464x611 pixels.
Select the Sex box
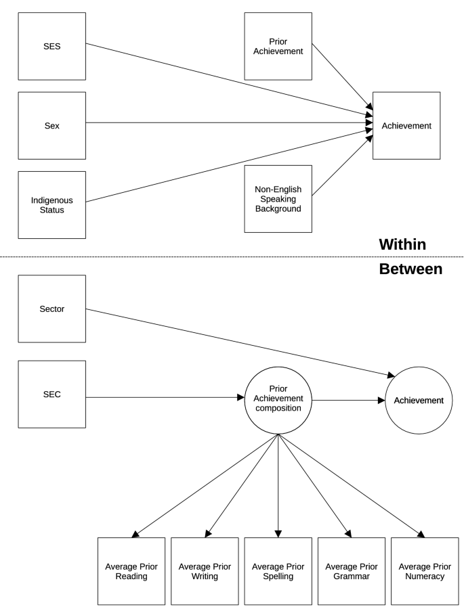point(52,125)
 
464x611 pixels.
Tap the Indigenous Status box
point(52,204)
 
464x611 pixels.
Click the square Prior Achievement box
point(278,46)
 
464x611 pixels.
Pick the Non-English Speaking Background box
point(278,199)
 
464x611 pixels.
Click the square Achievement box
point(406,126)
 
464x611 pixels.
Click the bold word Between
point(402,269)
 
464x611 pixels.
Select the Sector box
point(52,309)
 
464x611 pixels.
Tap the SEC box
point(52,394)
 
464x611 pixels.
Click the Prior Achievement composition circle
point(278,399)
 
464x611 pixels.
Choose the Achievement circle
point(419,400)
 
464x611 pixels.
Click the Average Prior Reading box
point(131,571)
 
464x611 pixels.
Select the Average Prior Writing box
point(205,571)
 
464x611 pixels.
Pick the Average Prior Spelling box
point(278,571)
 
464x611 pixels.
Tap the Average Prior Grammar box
point(351,571)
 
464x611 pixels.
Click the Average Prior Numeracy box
point(425,571)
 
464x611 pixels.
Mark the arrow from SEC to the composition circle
point(163,399)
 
